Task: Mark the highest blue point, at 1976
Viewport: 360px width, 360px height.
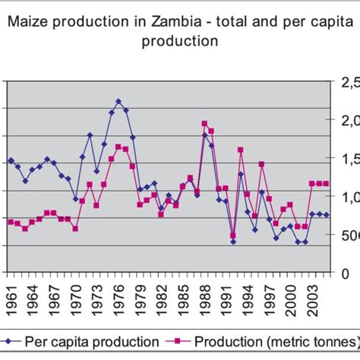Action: [118, 101]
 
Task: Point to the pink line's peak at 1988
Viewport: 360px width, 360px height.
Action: [204, 123]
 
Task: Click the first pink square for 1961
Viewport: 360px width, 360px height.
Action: [11, 221]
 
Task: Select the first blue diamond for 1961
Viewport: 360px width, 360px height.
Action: [11, 160]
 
